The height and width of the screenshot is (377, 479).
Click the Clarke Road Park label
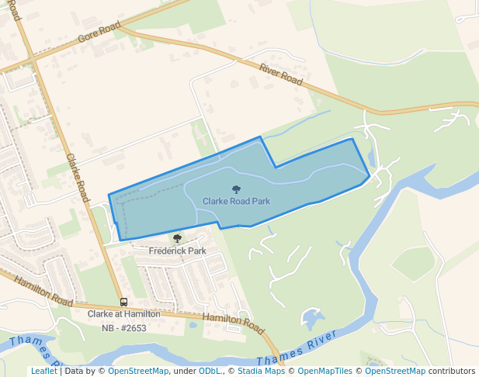(236, 201)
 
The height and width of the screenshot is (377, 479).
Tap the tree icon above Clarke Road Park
(236, 188)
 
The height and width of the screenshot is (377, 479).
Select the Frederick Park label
(178, 251)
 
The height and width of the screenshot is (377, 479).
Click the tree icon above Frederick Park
(178, 239)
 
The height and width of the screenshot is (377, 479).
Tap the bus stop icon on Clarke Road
(123, 302)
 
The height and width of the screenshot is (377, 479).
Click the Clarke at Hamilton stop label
(124, 314)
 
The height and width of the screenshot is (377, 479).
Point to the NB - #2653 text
(124, 328)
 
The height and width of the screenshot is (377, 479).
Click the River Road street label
(281, 74)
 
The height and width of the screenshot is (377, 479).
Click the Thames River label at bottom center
(298, 349)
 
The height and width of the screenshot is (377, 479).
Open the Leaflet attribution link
(43, 371)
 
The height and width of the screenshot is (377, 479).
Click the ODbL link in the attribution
(210, 371)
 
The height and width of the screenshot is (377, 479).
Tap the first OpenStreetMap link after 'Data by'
(138, 371)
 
